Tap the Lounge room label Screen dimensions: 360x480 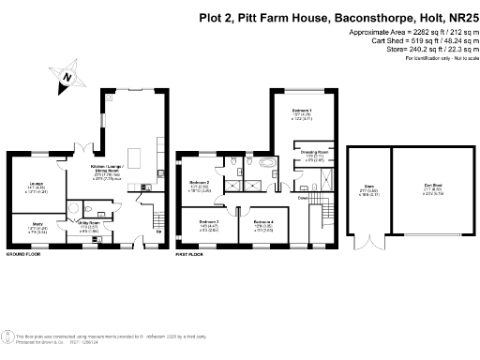coord(37,184)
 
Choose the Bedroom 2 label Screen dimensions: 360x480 coord(199,182)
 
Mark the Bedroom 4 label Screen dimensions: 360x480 coord(265,223)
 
